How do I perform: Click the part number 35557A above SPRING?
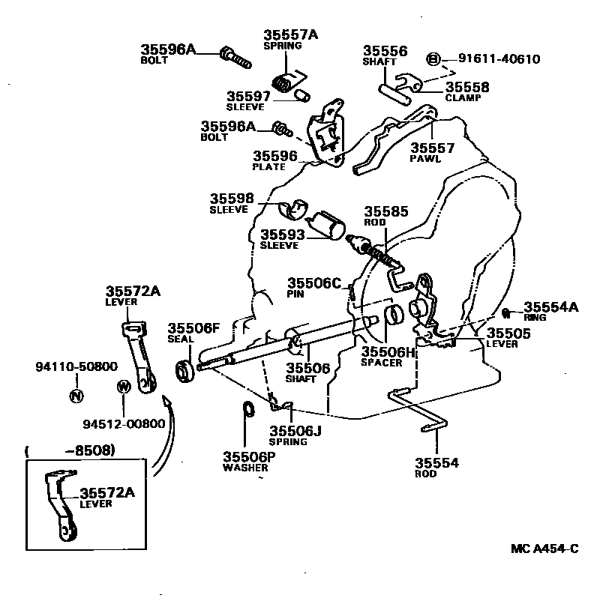click(290, 34)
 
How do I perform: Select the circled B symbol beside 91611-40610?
click(433, 59)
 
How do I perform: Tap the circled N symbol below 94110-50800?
click(76, 396)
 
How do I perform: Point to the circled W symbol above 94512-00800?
click(124, 387)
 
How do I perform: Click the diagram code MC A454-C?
click(544, 549)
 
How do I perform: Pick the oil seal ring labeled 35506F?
click(184, 371)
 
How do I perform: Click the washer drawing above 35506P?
click(248, 409)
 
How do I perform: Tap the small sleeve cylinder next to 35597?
click(302, 96)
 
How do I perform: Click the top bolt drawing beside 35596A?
click(235, 58)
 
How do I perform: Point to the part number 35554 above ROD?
click(436, 463)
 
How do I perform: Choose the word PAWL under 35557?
click(425, 159)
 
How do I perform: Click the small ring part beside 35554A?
click(506, 312)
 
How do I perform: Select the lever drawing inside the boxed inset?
click(61, 505)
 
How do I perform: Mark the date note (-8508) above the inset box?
click(70, 451)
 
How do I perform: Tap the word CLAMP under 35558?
click(463, 97)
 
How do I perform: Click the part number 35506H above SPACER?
click(388, 352)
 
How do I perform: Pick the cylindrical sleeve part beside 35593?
click(325, 226)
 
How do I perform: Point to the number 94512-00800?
click(124, 423)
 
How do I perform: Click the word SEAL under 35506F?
click(181, 339)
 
